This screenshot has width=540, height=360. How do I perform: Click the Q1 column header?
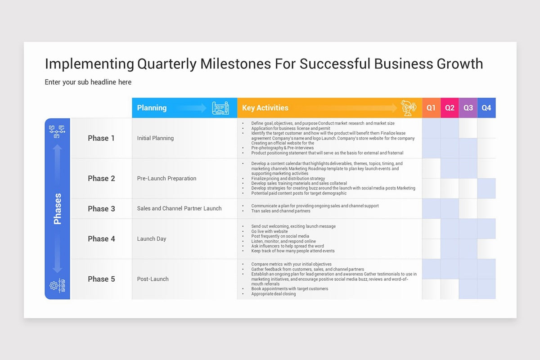431,108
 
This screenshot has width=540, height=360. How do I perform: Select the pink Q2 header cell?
450,108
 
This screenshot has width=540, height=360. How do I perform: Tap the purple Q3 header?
468,108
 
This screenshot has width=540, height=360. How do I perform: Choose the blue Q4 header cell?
486,108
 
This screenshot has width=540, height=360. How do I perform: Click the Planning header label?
152,108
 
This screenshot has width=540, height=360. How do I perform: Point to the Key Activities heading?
265,108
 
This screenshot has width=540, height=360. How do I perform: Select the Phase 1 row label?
101,138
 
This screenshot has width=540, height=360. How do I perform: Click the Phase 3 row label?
101,209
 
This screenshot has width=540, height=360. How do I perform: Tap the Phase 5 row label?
101,279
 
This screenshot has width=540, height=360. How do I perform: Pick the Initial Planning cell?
155,138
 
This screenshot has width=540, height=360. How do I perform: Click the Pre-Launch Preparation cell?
166,178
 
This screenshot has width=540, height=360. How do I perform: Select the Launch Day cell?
152,239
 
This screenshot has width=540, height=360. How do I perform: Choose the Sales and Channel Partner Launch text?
179,208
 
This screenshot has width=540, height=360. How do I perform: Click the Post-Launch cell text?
153,279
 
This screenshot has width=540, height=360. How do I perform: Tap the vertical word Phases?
58,209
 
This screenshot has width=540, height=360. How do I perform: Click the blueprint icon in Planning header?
221,108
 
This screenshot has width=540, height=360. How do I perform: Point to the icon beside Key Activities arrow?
409,108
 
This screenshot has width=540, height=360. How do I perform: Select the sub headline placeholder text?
88,82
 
